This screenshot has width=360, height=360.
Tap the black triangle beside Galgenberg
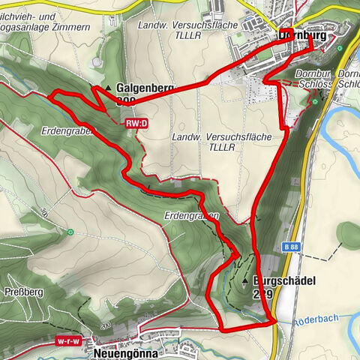tap(110, 88)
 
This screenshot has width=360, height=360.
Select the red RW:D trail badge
tap(136, 122)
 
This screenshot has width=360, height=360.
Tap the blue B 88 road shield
tap(293, 245)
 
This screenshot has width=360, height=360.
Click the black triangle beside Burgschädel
tap(244, 281)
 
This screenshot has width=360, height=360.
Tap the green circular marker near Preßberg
tap(69, 232)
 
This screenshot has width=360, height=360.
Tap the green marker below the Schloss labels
tap(316, 101)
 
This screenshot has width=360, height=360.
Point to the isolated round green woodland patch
tap(349, 235)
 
